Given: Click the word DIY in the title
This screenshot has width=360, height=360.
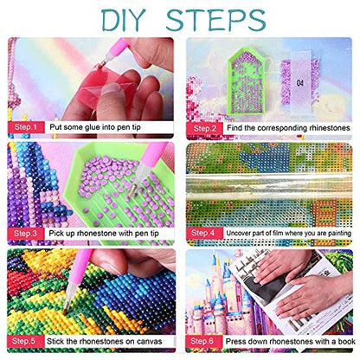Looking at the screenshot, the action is coord(124,20).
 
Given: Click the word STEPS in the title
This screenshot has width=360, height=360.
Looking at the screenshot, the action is coord(215,20).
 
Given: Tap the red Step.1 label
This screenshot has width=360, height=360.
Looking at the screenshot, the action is coord(26,127).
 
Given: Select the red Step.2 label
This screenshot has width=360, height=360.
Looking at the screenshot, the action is coord(204,128).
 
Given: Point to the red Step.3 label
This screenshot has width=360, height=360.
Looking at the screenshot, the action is coord(26,234).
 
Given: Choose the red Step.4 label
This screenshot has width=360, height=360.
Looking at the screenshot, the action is coord(204,233).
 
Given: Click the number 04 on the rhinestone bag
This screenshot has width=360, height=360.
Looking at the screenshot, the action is coord(300,83).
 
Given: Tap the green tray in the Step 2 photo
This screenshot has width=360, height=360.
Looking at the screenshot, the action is coord(246,81).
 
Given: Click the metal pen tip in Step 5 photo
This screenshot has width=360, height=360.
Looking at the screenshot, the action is coord(66,307).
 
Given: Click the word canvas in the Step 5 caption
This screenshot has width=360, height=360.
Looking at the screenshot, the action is coord(149,342).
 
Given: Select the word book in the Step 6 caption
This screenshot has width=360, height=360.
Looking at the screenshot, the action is coord(346,342).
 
